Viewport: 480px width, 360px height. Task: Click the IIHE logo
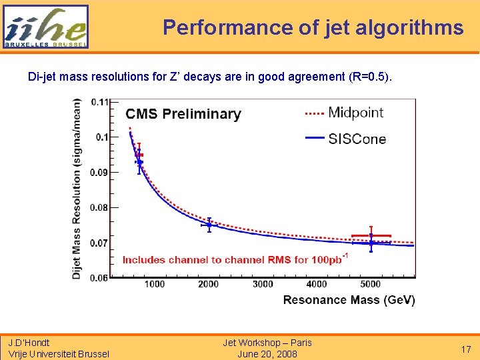point(45,27)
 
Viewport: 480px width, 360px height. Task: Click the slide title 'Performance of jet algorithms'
point(313,27)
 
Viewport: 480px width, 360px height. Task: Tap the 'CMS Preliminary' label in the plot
point(183,114)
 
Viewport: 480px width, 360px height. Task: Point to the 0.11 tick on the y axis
point(101,102)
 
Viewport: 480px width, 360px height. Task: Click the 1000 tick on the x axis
point(154,285)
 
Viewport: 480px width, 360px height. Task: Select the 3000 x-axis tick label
point(263,285)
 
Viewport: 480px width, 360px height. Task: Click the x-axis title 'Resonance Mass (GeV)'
point(349,300)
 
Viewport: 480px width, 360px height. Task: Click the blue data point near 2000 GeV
point(209,225)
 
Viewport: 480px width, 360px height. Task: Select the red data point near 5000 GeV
point(371,235)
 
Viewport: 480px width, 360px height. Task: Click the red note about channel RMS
point(233,259)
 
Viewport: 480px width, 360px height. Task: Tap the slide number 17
point(466,349)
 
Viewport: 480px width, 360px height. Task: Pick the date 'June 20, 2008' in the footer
point(267,354)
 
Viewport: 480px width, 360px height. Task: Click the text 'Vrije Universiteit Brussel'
point(59,354)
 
